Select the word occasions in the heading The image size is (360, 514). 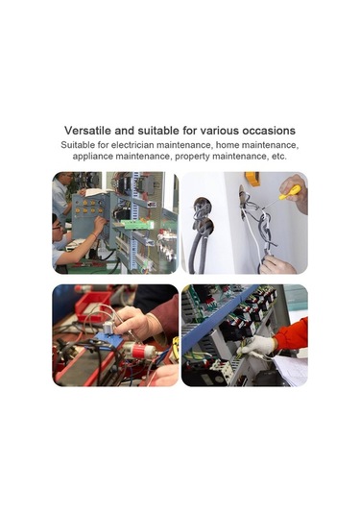(x=269, y=131)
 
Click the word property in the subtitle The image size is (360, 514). (x=192, y=157)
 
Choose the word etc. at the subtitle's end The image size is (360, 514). (x=279, y=157)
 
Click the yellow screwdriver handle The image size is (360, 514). (x=290, y=192)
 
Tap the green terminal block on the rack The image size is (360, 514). (x=137, y=225)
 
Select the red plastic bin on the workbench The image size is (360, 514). (x=93, y=306)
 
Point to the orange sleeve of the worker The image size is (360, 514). (x=292, y=334)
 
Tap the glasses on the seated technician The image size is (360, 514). (x=57, y=227)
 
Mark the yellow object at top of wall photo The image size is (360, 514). (x=252, y=179)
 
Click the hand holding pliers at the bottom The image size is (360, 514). (x=277, y=265)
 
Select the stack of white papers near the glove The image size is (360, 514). (x=291, y=371)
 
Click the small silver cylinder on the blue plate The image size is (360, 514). (x=108, y=328)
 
